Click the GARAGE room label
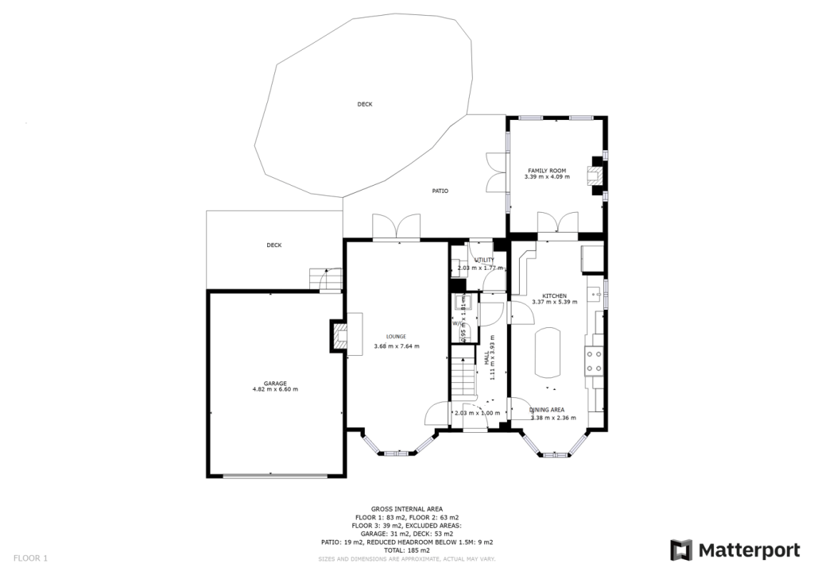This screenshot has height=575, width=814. pos(275,383)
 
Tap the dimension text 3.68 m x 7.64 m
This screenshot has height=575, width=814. pos(396,346)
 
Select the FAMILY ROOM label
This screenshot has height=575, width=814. pos(547,171)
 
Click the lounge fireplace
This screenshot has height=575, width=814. pos(339,334)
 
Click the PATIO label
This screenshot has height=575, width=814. pos(440,191)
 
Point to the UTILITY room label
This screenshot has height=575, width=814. pos(484,260)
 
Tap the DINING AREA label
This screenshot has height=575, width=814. pos(548,409)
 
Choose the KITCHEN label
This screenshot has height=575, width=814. pos(554,295)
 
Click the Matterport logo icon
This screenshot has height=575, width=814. pos(681,550)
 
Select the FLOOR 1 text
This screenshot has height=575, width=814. pos(30,558)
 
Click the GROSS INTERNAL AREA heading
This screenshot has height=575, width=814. pos(406,509)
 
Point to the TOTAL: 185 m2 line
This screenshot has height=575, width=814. pos(406,550)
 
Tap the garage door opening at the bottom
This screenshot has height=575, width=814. pos(275,476)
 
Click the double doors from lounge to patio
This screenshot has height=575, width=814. pos(397,228)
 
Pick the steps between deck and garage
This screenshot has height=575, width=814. pos(325,279)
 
